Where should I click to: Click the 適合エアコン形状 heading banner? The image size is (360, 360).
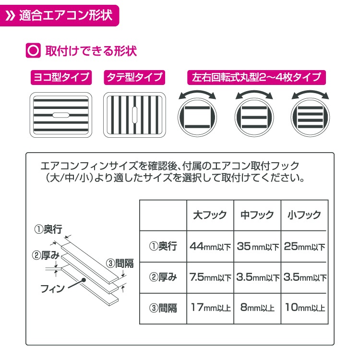coord(59,16)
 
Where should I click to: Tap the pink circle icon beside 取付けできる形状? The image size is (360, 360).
coord(33,50)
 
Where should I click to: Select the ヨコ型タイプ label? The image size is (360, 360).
coord(61,77)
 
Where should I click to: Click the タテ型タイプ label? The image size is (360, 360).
coord(134,77)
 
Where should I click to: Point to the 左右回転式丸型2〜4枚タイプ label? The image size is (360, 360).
coord(256,77)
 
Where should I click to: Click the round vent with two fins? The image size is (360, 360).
coord(197,117)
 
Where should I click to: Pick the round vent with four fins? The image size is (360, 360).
coord(310,117)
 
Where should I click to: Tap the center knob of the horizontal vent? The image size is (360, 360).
coord(61,115)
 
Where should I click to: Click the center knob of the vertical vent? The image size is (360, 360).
coord(135,115)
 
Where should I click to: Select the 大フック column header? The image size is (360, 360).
coord(210,215)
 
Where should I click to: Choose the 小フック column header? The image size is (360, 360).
coord(304,215)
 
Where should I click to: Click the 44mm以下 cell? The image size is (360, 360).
coord(210,246)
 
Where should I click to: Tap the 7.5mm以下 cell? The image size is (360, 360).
coord(210,277)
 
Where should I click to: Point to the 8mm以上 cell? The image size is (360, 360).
coord(257,307)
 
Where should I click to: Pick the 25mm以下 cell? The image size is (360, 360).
coord(304,246)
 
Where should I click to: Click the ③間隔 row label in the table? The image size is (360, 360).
coord(163,308)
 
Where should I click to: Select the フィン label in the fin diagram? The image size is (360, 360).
coord(53,289)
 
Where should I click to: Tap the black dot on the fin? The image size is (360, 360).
coord(84,280)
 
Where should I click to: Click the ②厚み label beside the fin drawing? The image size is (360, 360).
coord(46,255)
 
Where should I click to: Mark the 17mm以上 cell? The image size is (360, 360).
coord(211,307)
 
